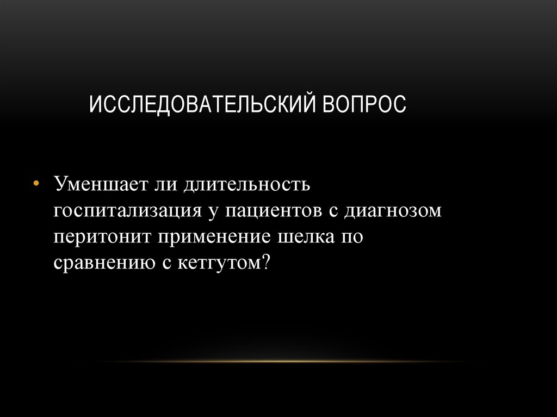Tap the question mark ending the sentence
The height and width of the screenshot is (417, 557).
(265, 263)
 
